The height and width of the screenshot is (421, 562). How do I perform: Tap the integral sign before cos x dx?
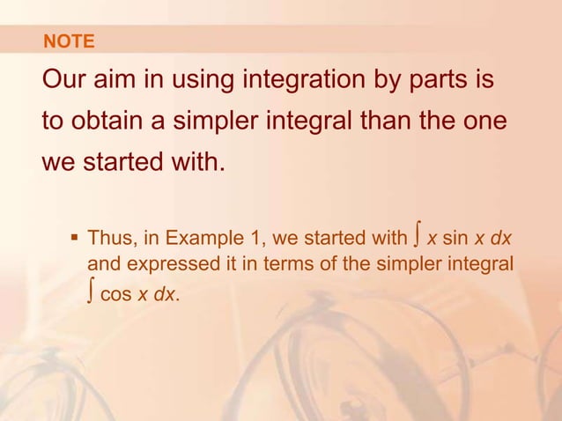pos(92,293)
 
